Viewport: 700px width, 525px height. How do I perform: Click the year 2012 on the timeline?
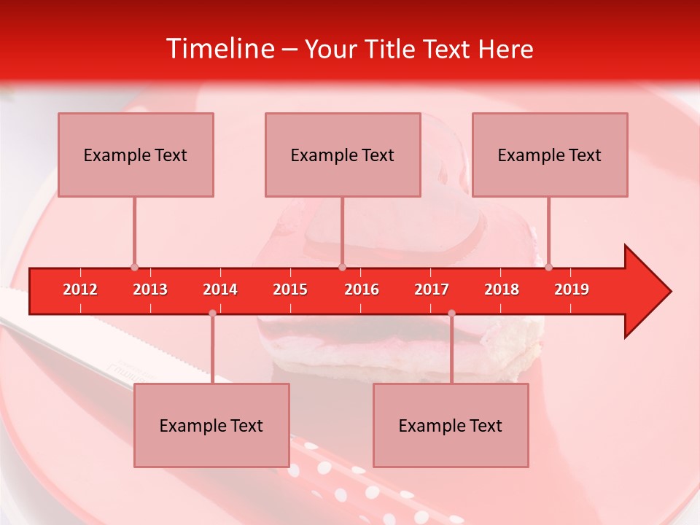coord(80,289)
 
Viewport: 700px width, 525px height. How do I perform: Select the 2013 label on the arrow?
coord(150,289)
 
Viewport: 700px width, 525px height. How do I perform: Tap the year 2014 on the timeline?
coord(220,289)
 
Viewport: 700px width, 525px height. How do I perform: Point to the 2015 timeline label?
coord(290,289)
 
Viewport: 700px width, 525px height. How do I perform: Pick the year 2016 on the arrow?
coord(362,289)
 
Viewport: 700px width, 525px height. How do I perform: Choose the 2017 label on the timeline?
coord(432,289)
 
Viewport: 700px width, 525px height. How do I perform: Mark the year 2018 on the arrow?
coord(502,289)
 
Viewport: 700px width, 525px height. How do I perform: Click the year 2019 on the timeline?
coord(572,289)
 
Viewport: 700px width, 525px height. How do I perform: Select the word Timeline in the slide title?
coord(219,49)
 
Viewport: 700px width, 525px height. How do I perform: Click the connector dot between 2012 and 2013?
coord(134,267)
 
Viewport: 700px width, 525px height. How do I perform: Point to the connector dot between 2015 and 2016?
coord(343,267)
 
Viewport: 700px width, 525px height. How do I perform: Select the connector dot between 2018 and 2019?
coord(549,267)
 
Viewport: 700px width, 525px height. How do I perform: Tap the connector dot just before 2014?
coord(212,314)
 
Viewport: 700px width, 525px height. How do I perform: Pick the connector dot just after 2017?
coord(451,314)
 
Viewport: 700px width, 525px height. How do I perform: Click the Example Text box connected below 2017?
coord(451,425)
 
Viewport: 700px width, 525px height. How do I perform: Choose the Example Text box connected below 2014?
coord(211,425)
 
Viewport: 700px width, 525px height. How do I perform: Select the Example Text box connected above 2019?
coord(550,155)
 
